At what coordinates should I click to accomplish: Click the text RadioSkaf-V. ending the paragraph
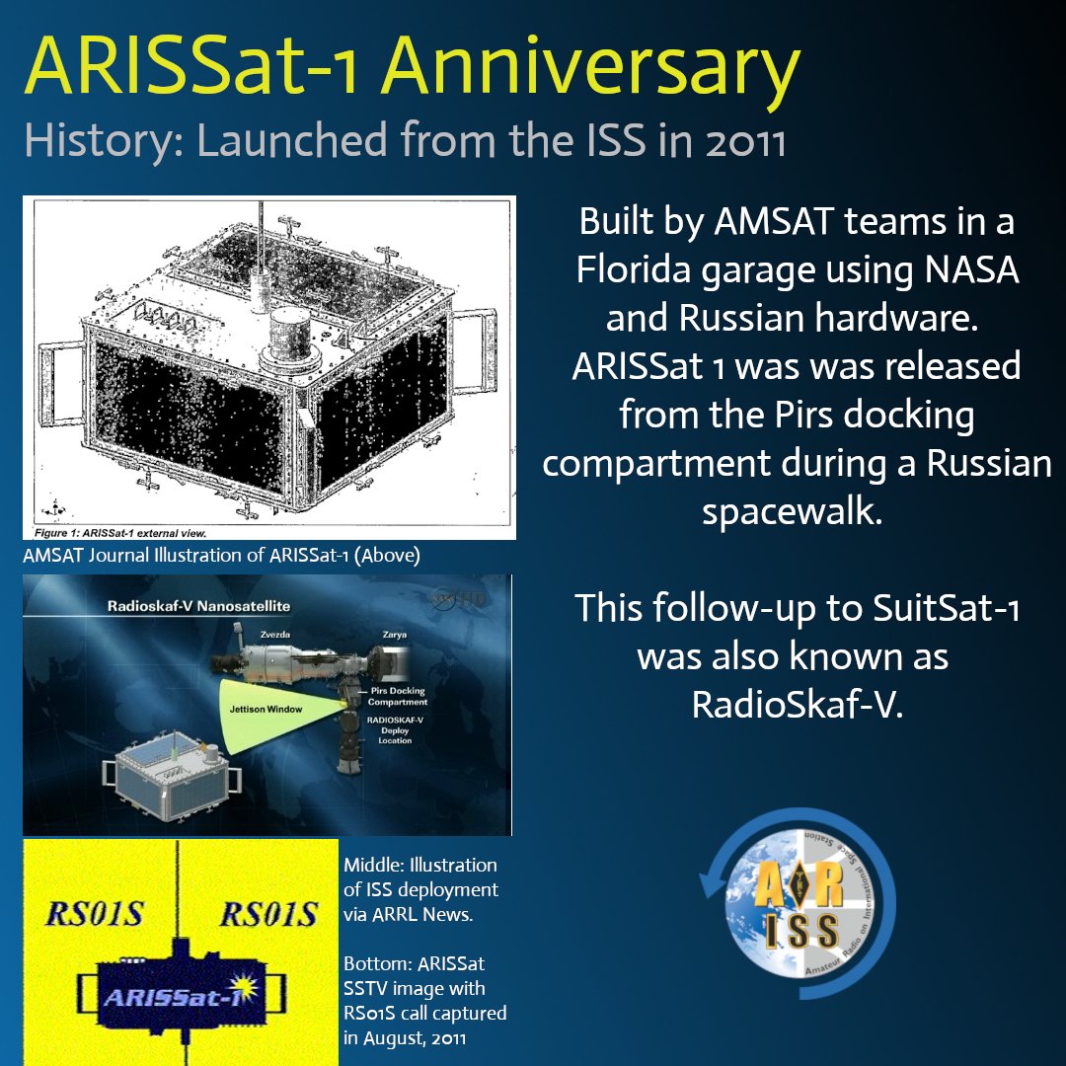coord(798,704)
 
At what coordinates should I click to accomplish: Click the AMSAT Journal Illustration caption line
coord(222,556)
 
